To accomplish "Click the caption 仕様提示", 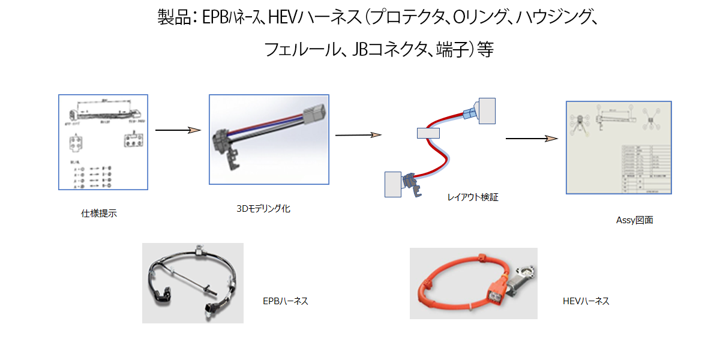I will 99,213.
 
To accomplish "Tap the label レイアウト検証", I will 473,196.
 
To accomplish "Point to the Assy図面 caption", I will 634,220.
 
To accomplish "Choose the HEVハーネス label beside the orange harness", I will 586,301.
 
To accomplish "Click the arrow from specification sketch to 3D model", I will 178,130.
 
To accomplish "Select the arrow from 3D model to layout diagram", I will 358,135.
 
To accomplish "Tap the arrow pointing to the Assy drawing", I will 528,139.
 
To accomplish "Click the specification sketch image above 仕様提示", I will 103,142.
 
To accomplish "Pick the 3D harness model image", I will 268,139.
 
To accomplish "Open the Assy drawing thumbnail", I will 619,147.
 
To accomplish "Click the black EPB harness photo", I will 193,283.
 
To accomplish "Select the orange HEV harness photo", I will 473,283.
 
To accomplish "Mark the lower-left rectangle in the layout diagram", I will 393,184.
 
